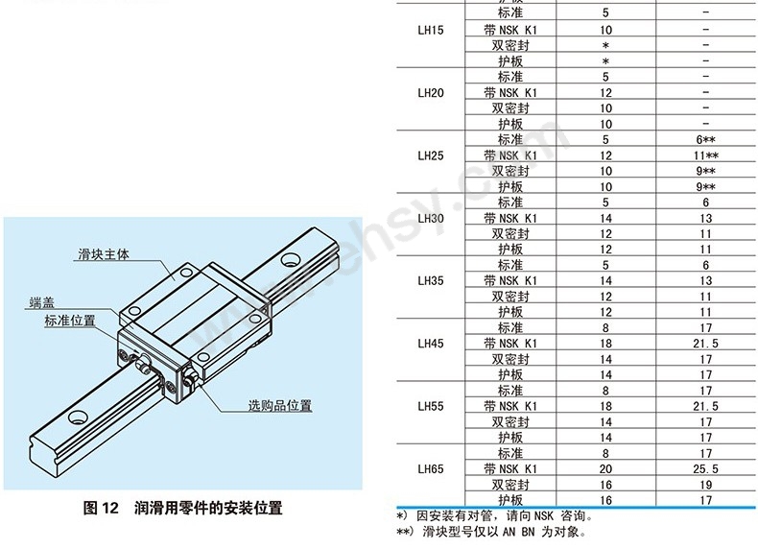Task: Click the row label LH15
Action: (x=431, y=31)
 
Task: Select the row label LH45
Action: (x=431, y=344)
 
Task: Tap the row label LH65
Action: (x=431, y=469)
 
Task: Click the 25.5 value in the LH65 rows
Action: (x=706, y=469)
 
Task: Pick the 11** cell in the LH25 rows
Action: (x=706, y=155)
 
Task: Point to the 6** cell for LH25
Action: (x=706, y=140)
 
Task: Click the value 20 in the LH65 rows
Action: (x=605, y=469)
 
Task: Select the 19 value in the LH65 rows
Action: (x=706, y=485)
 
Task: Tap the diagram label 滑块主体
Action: (x=103, y=255)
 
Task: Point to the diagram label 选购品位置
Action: (x=280, y=405)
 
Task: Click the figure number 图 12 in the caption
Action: (x=100, y=508)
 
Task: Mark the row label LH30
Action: (x=431, y=218)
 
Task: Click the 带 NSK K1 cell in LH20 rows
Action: (x=510, y=93)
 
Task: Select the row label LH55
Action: (x=431, y=407)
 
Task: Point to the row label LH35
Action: (x=431, y=281)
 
